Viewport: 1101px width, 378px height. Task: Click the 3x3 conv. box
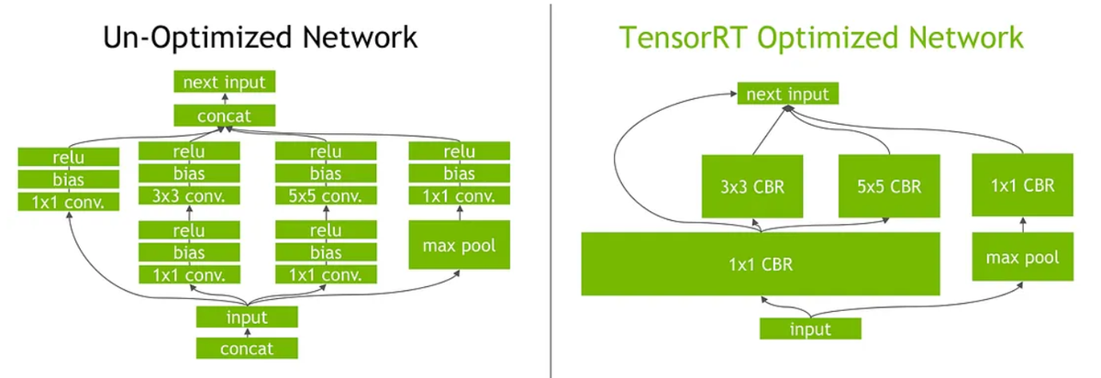click(188, 195)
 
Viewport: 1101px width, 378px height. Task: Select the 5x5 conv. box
click(326, 195)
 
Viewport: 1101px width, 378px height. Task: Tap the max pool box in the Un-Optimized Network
click(459, 245)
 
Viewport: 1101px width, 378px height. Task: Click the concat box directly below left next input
click(224, 116)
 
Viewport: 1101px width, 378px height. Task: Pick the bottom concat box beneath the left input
click(247, 348)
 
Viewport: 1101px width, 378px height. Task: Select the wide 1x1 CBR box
click(761, 264)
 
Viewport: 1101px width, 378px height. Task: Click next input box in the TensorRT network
click(787, 94)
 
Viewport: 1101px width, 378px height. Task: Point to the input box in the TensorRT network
click(810, 329)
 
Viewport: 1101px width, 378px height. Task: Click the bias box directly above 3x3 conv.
click(188, 173)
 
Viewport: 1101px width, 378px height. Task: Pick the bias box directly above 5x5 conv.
click(326, 173)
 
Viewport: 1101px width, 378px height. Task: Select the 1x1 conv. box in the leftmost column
click(69, 202)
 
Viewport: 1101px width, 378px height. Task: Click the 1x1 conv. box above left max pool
click(459, 195)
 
